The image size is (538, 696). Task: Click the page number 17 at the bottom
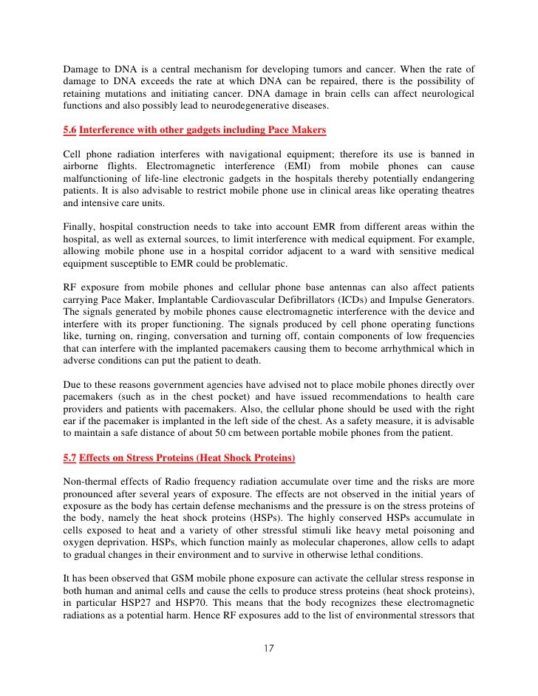click(x=269, y=649)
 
